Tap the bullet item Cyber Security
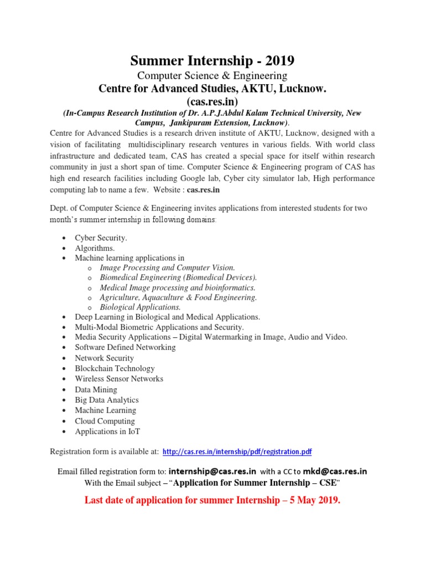[101, 238]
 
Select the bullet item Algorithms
[95, 248]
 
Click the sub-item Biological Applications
[140, 307]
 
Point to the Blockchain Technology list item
[115, 368]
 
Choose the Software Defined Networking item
[125, 347]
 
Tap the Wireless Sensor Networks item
[119, 379]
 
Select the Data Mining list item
[96, 389]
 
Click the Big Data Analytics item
[107, 400]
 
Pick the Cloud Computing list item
[105, 421]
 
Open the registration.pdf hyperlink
[237, 452]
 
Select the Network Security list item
[104, 358]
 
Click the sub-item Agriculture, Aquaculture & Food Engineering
[178, 297]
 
